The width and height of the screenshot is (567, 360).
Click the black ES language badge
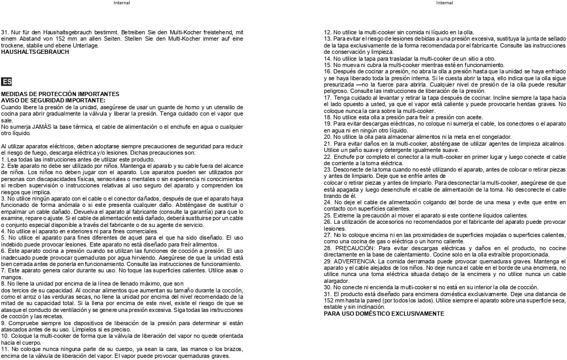(6, 81)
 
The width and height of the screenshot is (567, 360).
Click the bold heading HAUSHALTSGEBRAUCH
(35, 52)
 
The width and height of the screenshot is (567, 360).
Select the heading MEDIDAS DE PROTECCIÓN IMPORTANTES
(60, 94)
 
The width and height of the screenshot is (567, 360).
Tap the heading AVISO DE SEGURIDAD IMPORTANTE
(53, 100)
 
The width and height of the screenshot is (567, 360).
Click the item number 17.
(327, 98)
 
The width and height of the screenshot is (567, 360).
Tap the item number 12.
(327, 32)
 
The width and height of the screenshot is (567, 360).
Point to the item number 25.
(327, 215)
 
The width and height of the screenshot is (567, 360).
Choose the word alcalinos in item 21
(554, 143)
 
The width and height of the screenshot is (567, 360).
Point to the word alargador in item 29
(335, 282)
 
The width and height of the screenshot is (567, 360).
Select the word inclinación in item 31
(370, 307)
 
